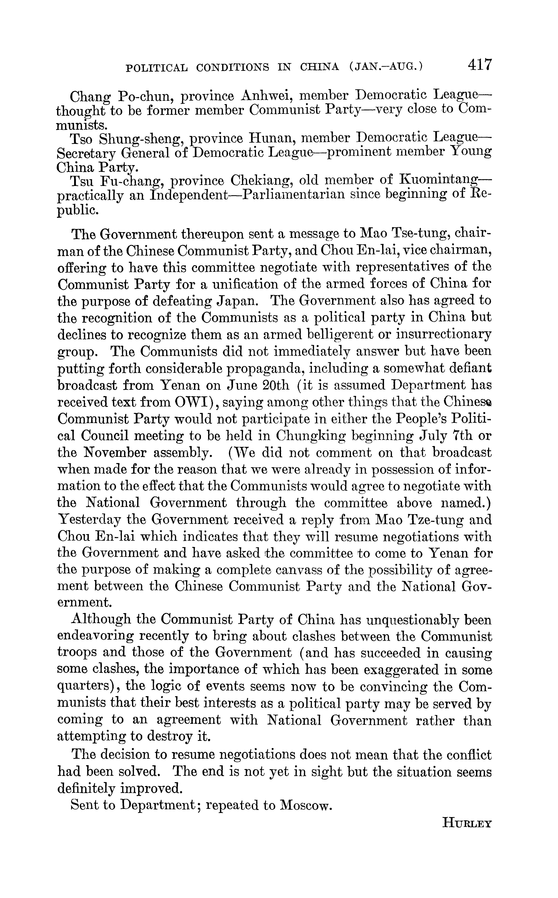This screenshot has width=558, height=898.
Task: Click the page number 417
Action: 480,65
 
